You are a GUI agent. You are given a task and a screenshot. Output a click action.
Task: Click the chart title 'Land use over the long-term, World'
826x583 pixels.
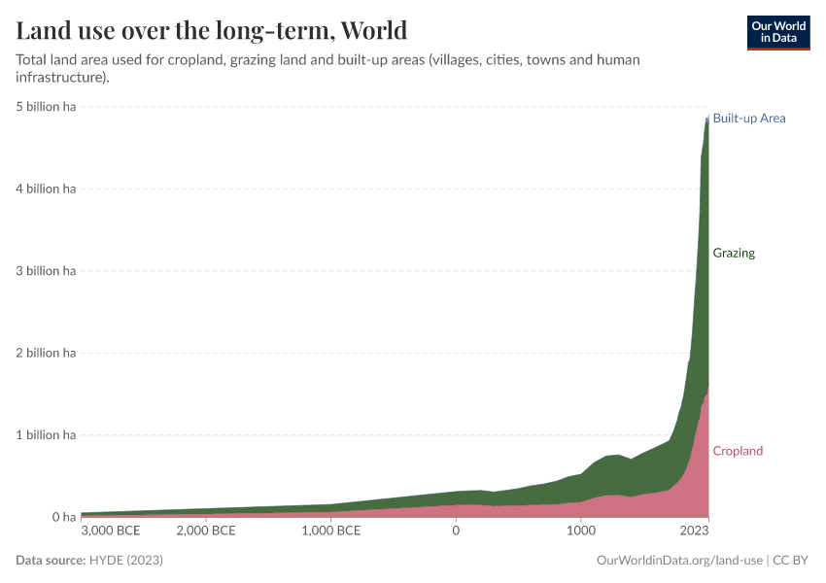point(211,29)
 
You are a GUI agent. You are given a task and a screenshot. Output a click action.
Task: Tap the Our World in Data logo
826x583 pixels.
point(777,32)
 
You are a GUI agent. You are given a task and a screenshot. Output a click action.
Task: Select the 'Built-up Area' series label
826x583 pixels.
point(748,119)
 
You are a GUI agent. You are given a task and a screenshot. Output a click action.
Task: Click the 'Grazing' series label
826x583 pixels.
point(734,254)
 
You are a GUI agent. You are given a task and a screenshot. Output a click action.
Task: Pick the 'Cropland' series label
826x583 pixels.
point(738,451)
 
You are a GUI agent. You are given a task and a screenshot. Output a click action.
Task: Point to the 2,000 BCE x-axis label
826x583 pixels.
point(206,532)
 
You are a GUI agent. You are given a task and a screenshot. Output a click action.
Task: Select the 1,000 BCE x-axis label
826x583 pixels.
point(331,532)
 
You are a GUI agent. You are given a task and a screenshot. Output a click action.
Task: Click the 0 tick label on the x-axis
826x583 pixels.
point(456,532)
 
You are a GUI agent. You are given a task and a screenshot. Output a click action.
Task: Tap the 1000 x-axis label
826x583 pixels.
point(580,532)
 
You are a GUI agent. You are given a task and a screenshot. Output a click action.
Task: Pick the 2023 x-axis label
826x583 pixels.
point(694,532)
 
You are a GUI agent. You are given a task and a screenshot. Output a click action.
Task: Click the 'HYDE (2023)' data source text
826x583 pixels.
point(125,561)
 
